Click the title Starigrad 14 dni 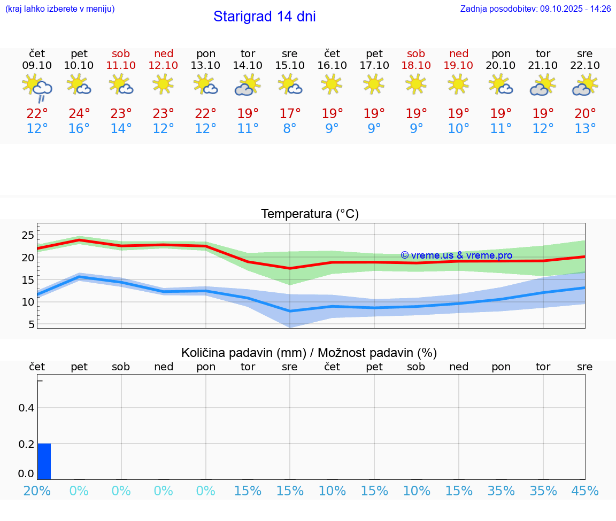tap(264, 17)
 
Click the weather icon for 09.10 tap(37, 87)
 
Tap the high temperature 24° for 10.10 tap(79, 114)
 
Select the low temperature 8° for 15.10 tap(290, 129)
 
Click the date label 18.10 tap(416, 66)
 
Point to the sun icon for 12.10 tap(163, 84)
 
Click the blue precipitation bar tap(44, 461)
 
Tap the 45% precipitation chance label tap(585, 491)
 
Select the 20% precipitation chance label tap(37, 491)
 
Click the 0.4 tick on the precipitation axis tap(27, 408)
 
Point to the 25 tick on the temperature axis tap(28, 236)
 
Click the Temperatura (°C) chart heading tap(310, 214)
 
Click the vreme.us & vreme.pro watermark tap(456, 255)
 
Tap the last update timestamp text tap(535, 9)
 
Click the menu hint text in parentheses tap(60, 9)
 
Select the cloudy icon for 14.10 tap(248, 85)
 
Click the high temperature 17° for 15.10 tap(290, 114)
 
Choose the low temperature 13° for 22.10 tap(585, 129)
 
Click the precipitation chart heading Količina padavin tap(309, 353)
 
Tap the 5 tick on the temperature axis tap(32, 324)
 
